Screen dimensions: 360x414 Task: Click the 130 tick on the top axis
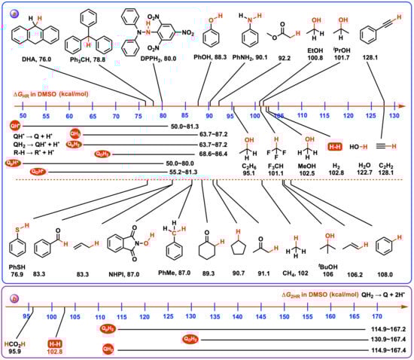coord(394,114)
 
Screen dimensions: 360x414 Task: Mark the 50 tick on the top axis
coord(23,114)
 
